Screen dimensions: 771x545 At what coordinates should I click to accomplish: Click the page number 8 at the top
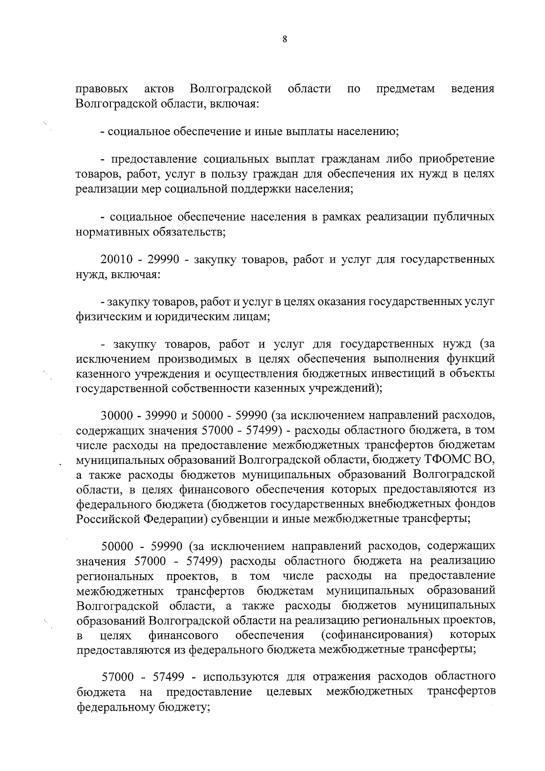(x=284, y=40)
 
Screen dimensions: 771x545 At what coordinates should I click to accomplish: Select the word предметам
(x=405, y=89)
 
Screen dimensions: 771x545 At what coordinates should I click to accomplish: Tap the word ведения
(x=472, y=89)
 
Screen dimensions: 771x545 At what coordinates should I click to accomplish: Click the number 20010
(x=116, y=260)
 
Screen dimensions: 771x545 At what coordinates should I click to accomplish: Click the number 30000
(x=116, y=415)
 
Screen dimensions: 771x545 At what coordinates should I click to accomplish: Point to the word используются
(x=242, y=677)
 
